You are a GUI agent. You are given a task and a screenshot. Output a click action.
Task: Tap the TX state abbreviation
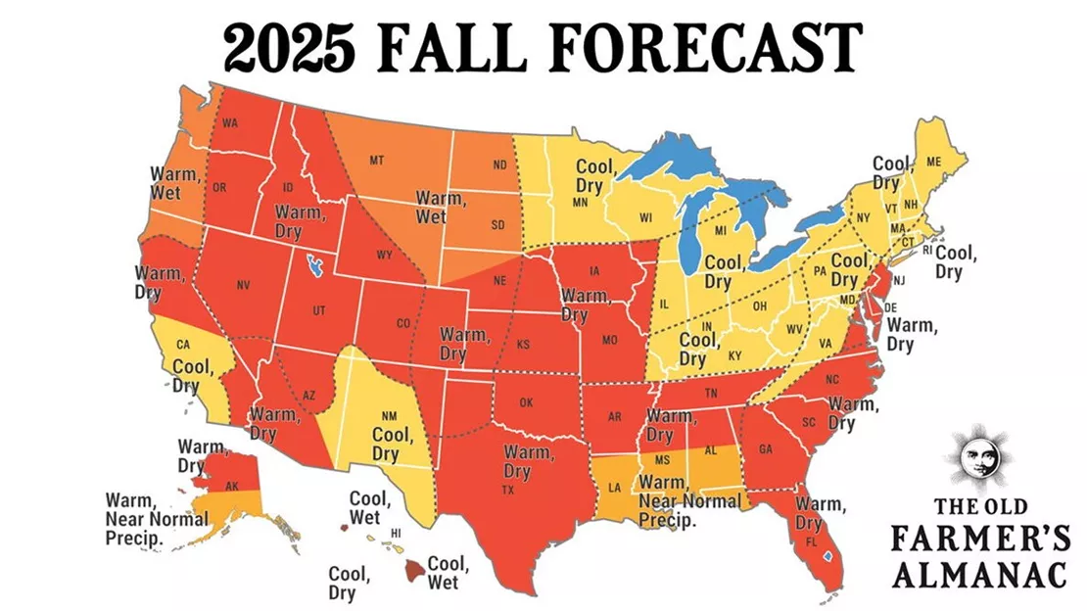508,490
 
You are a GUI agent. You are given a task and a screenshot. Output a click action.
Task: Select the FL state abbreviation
811,541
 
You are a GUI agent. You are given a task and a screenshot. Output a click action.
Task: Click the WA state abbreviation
231,123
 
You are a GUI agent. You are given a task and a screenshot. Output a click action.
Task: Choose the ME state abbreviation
933,161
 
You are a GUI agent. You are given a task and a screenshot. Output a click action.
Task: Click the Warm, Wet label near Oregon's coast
165,183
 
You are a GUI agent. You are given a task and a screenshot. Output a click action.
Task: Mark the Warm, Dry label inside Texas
526,461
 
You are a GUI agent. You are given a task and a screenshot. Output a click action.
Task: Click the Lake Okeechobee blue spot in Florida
828,555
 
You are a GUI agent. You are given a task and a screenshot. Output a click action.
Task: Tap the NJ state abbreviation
900,282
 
